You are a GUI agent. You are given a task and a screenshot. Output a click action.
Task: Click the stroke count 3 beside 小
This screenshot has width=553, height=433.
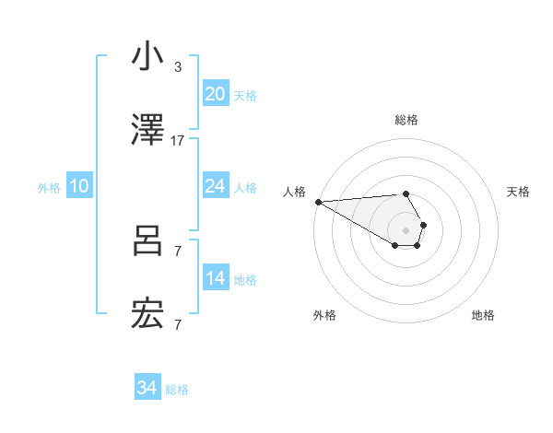point(178,67)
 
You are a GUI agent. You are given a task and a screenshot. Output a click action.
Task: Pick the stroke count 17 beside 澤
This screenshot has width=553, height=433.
point(178,141)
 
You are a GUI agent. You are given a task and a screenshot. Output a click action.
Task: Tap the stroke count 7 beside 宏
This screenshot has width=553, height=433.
point(178,325)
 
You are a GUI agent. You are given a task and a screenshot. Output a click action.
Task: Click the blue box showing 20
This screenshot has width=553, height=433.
point(215,94)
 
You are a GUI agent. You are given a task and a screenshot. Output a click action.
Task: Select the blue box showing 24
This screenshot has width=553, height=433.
point(215,186)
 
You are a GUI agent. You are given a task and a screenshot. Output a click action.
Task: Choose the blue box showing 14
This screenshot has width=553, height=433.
point(215,278)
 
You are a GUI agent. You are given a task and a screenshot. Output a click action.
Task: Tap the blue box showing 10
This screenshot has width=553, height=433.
point(79,187)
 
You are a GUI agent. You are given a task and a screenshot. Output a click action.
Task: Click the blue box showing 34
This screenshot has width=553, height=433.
point(147,388)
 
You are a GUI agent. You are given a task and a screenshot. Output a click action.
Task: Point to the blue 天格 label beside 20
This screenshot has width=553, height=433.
point(245,96)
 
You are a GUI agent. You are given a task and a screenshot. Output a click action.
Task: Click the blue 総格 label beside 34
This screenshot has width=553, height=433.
point(177,390)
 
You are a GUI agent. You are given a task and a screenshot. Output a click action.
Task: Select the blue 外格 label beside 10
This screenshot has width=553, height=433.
point(49,188)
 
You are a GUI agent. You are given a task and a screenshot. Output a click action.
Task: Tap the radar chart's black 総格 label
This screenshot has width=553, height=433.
point(406,121)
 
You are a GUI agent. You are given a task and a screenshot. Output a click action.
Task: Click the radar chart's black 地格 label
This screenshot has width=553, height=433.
point(483,315)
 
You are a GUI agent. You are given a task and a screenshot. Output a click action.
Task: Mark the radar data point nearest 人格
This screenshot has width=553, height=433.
point(318,201)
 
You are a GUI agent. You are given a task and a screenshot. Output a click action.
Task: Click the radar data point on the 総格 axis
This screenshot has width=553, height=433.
point(406,193)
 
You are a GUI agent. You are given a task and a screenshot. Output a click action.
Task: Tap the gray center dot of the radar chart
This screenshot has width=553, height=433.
point(406,229)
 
